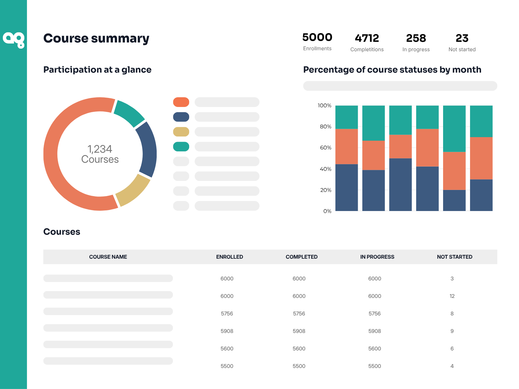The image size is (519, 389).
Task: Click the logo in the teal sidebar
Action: click(x=14, y=40)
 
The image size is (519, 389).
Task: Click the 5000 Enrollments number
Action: click(x=317, y=37)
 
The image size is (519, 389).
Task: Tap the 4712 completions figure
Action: click(x=367, y=38)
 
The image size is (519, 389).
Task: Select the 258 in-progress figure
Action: click(x=416, y=38)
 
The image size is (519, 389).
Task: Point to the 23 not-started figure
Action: click(x=462, y=38)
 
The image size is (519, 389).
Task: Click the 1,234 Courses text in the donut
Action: click(x=100, y=154)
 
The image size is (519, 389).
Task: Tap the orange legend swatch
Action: click(x=181, y=102)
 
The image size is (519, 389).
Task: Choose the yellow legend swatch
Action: click(x=181, y=132)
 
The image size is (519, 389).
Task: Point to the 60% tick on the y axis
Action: click(x=325, y=148)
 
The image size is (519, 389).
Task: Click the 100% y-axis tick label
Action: click(x=324, y=106)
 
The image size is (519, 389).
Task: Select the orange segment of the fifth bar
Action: click(x=454, y=171)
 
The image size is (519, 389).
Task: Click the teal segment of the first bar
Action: click(x=346, y=117)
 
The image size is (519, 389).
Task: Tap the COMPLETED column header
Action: click(x=301, y=257)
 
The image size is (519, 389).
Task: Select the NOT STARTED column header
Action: click(x=454, y=257)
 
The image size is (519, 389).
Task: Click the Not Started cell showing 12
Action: click(x=452, y=296)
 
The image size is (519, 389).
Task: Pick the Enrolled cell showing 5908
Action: click(x=227, y=331)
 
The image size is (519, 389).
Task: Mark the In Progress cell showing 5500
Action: click(x=375, y=366)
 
